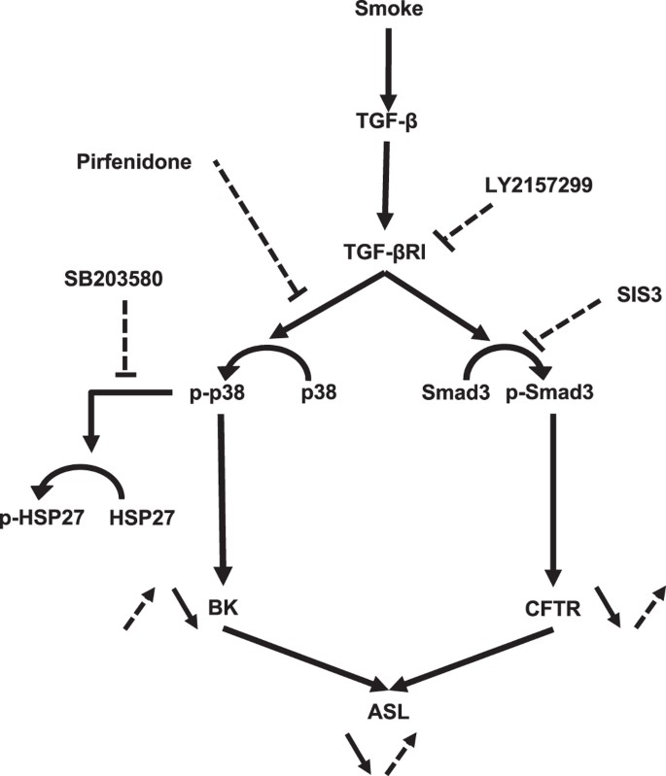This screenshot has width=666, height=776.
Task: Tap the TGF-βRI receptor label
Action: point(387,250)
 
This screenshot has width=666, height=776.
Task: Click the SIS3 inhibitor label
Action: point(613,296)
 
